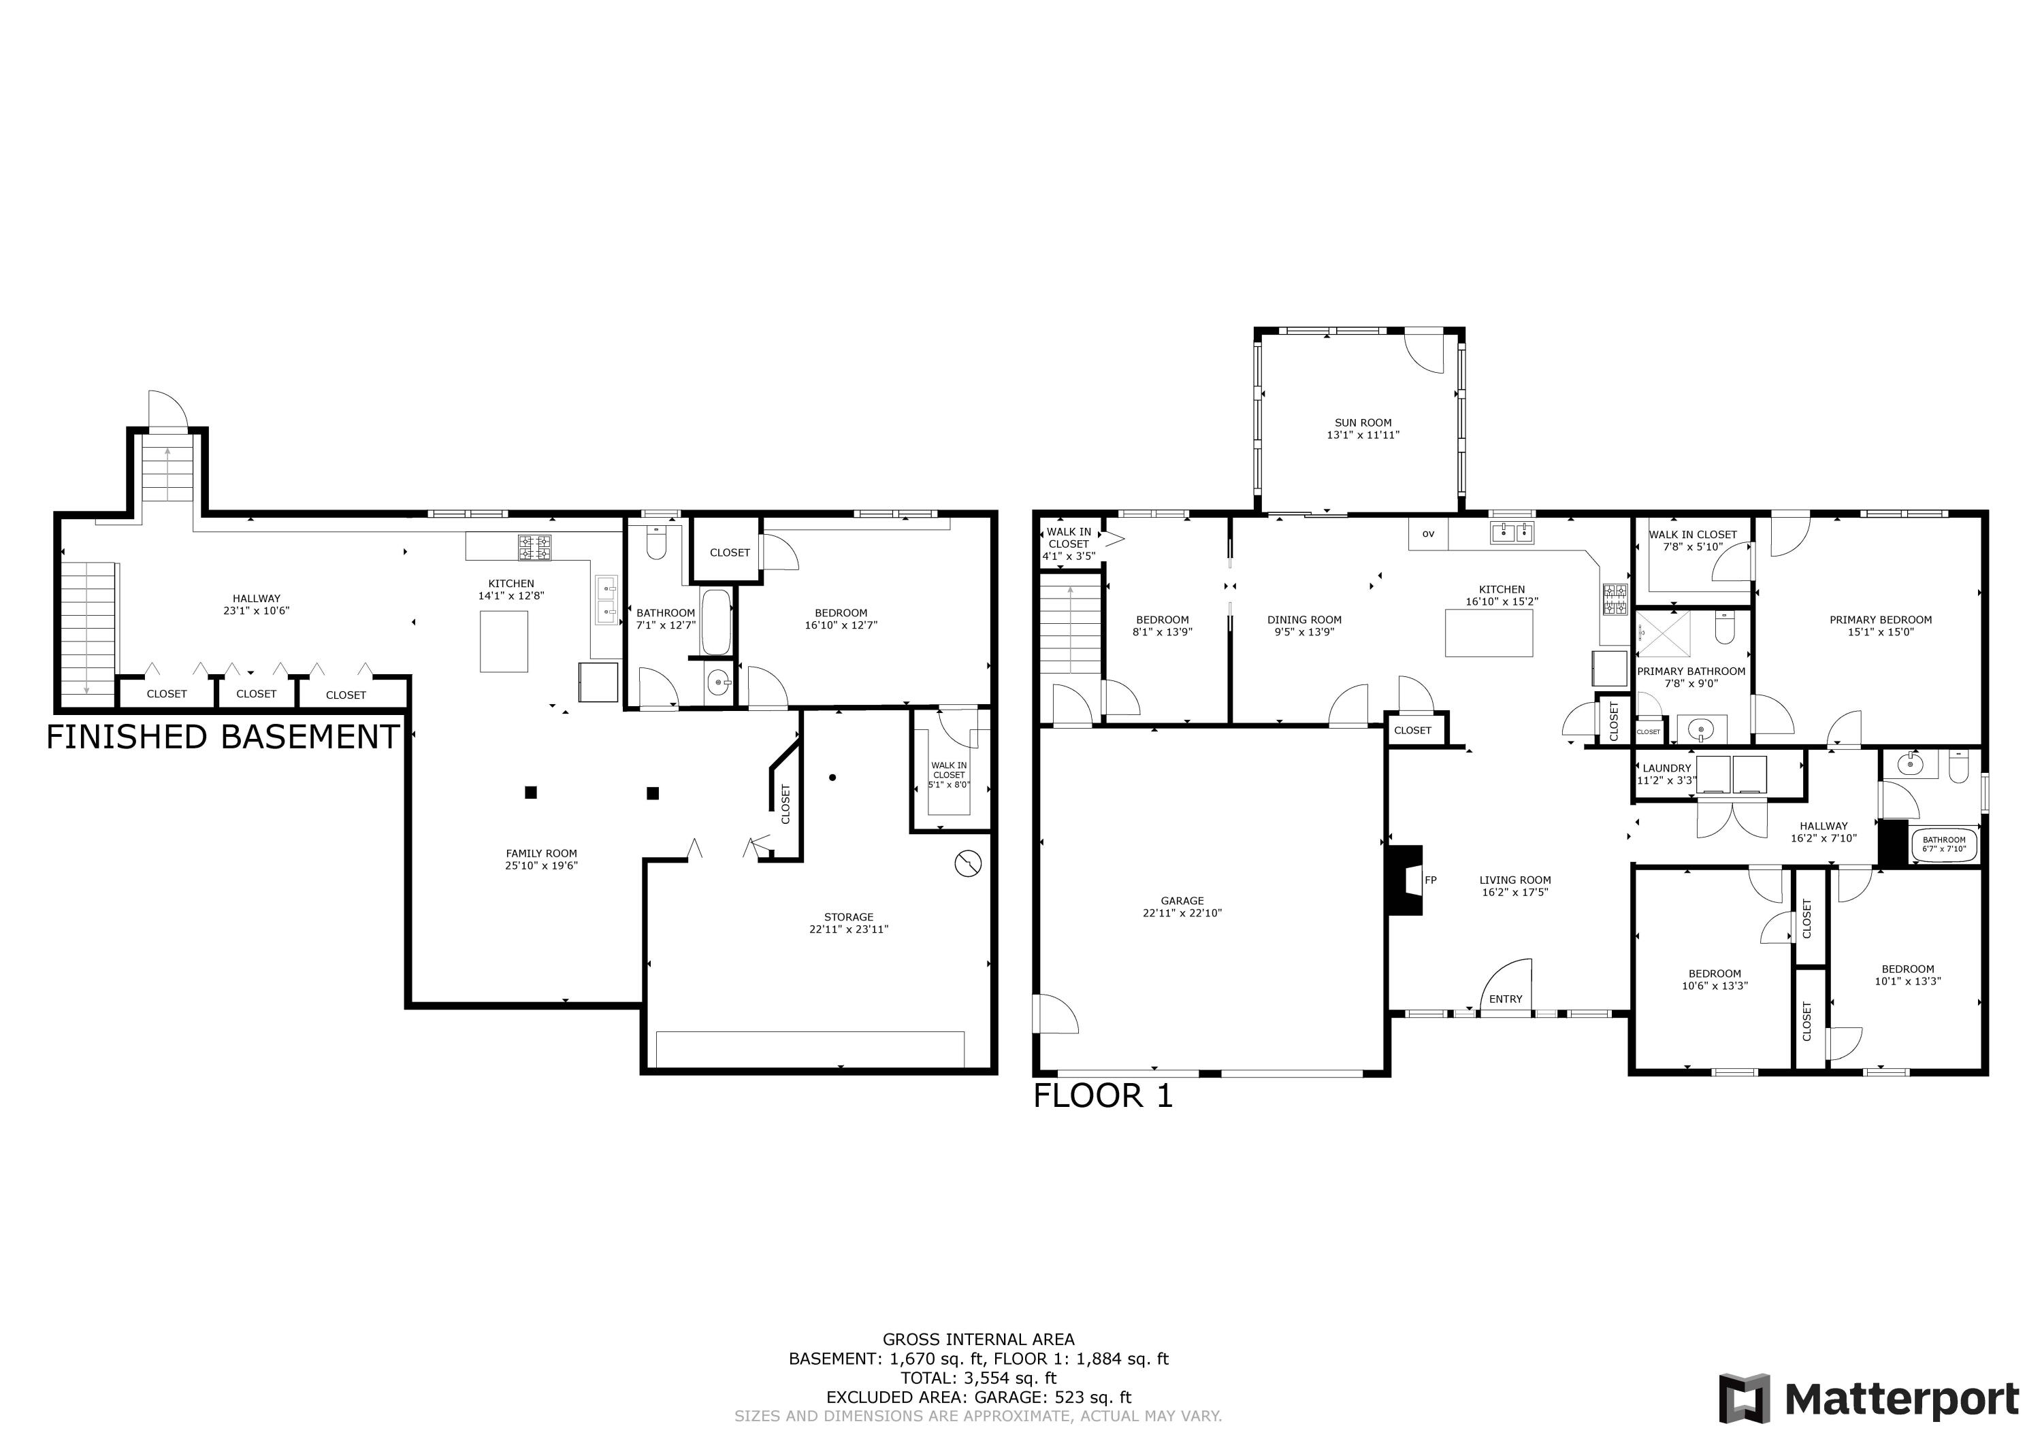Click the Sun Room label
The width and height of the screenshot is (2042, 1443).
[1363, 423]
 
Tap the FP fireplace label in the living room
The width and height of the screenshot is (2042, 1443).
[1431, 880]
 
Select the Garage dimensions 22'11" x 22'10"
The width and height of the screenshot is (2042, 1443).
[1182, 913]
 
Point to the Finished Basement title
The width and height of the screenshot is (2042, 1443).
[223, 738]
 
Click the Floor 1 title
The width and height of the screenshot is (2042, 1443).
[1103, 1096]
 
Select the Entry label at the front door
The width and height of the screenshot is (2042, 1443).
[1506, 999]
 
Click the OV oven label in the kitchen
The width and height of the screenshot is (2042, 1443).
[1428, 534]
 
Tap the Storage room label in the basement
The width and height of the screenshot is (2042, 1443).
[849, 916]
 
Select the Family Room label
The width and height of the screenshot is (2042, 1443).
[542, 854]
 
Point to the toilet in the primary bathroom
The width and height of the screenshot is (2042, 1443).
[1725, 628]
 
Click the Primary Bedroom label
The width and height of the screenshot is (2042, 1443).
[1880, 620]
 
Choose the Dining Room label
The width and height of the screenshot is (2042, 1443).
[1304, 620]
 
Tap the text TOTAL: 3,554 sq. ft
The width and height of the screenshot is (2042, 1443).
[978, 1378]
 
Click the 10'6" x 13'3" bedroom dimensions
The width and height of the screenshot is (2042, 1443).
[1715, 986]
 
